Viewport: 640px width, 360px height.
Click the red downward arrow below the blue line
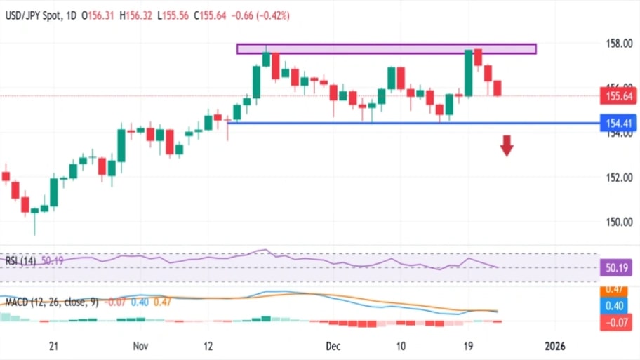coord(507,145)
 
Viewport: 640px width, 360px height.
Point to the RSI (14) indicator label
coord(21,260)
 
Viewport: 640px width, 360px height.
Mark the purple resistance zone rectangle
coord(386,49)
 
